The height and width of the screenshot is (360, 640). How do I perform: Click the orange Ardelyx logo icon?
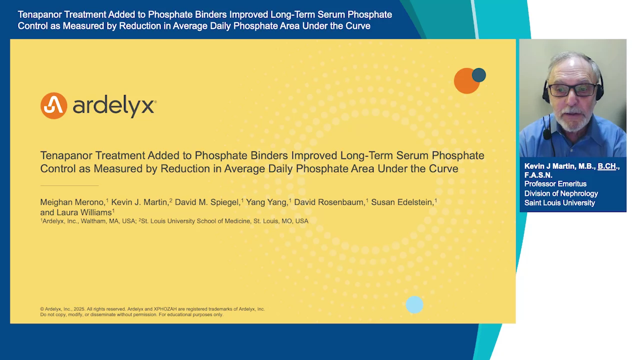pyautogui.click(x=53, y=105)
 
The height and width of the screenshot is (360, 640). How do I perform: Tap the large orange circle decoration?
pyautogui.click(x=466, y=81)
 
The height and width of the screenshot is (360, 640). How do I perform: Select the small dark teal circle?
pyautogui.click(x=479, y=75)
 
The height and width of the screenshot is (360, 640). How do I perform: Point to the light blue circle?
pyautogui.click(x=414, y=304)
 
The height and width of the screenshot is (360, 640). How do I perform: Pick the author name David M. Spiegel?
pyautogui.click(x=207, y=202)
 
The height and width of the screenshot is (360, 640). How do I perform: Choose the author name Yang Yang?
pyautogui.click(x=266, y=202)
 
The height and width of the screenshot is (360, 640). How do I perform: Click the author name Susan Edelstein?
pyautogui.click(x=402, y=202)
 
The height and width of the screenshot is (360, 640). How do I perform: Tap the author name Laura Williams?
pyautogui.click(x=84, y=212)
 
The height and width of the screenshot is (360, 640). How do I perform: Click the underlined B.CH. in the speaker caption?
pyautogui.click(x=607, y=166)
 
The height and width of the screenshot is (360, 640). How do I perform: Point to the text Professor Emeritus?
pyautogui.click(x=555, y=184)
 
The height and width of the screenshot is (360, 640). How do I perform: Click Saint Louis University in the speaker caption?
pyautogui.click(x=559, y=203)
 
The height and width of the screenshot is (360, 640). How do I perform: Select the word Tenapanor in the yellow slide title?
pyautogui.click(x=66, y=155)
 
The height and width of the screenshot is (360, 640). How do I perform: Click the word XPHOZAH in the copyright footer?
pyautogui.click(x=166, y=309)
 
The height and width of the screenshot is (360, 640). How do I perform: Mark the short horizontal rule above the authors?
pyautogui.click(x=69, y=185)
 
